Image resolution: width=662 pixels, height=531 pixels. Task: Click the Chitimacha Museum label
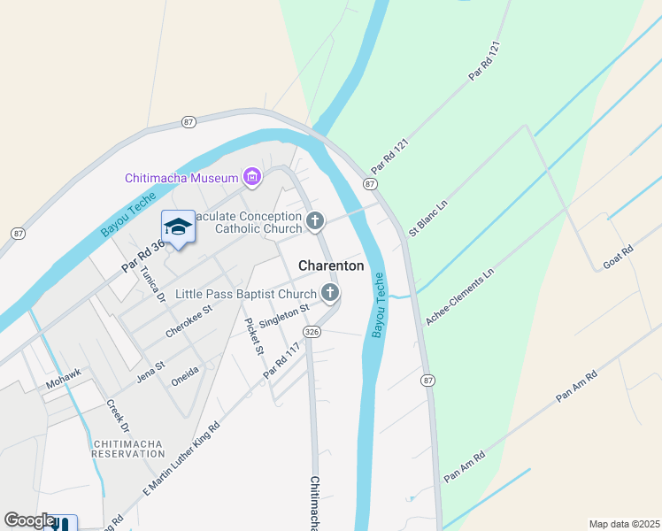click(x=183, y=178)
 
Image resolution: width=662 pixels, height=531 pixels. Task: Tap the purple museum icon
click(x=253, y=178)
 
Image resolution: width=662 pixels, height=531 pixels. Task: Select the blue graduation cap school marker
click(x=178, y=227)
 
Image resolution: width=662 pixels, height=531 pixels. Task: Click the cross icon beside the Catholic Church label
click(x=316, y=221)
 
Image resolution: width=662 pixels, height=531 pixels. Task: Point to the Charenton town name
click(x=331, y=265)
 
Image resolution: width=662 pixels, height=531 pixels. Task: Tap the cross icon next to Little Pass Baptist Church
click(x=330, y=293)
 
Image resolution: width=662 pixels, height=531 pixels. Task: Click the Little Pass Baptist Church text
click(x=245, y=294)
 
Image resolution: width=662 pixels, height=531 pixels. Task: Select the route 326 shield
click(x=311, y=331)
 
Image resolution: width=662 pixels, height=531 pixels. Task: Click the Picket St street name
click(x=254, y=336)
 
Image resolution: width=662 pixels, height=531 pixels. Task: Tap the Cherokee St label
click(x=189, y=322)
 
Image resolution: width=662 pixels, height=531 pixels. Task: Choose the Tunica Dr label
click(x=153, y=283)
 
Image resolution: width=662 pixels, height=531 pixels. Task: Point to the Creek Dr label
click(x=118, y=416)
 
